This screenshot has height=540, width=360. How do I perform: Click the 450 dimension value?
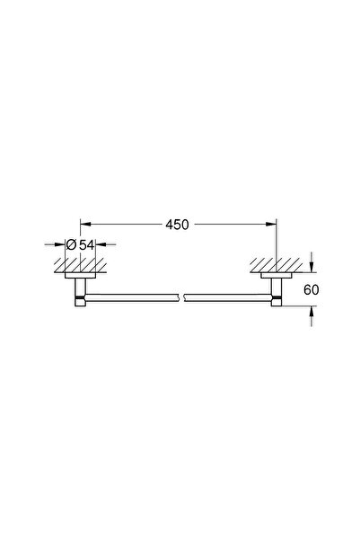pos(179,225)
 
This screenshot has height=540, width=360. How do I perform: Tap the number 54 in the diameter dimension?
pos(88,244)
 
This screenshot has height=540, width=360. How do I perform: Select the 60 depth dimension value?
pos(312,289)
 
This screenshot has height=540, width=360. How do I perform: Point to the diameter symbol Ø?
pos(72,244)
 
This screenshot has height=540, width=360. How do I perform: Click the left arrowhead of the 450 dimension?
pos(85,225)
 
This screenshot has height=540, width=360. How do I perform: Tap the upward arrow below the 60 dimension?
pos(312,310)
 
